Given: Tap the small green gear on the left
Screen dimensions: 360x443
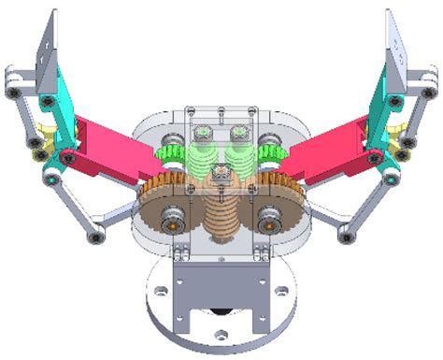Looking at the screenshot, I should pos(171,150).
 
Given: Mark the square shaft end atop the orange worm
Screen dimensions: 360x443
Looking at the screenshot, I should pos(221,172).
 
